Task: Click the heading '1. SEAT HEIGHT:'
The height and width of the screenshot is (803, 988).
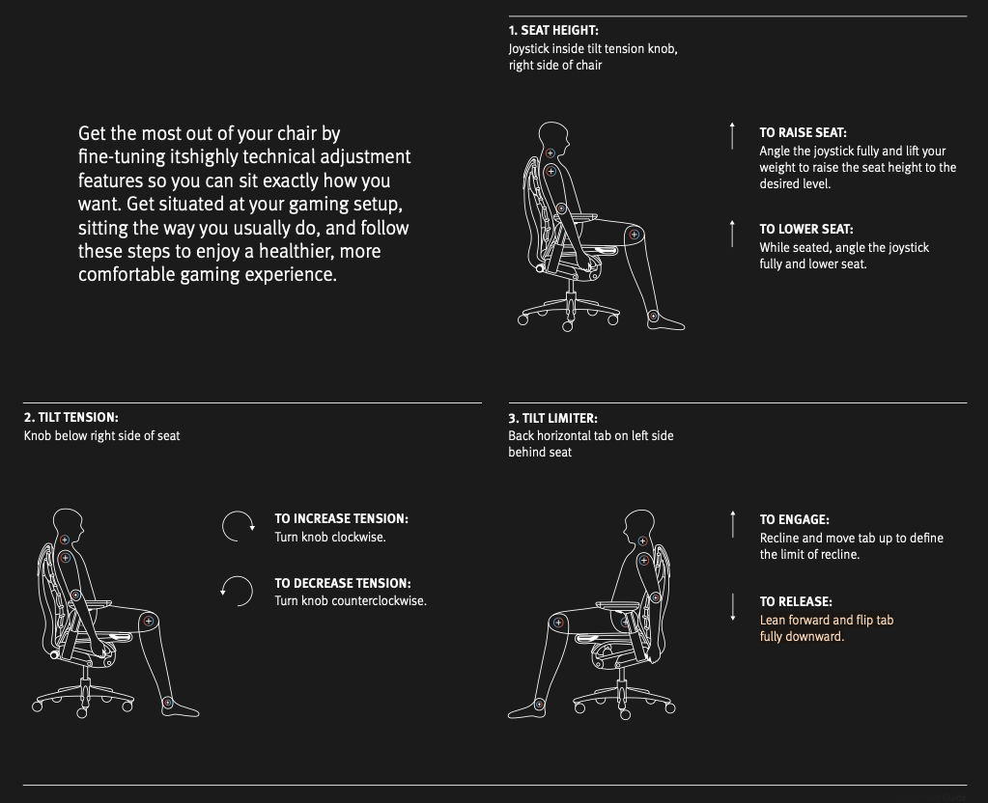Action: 553,30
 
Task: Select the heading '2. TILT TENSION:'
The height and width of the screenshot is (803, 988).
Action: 71,417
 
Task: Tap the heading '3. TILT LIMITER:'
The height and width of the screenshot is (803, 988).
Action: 552,418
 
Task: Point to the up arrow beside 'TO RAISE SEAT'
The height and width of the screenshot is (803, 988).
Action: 732,135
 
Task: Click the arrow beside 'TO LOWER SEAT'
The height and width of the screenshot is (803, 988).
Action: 732,233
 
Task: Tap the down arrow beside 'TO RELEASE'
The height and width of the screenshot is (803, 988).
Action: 733,607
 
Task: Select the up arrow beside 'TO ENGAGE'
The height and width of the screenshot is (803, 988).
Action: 733,524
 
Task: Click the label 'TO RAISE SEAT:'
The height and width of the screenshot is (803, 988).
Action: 803,132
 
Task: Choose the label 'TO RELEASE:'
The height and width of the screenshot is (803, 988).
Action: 796,601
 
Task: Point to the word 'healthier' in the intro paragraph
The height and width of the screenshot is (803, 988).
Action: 302,251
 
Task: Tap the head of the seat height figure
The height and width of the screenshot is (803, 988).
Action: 554,135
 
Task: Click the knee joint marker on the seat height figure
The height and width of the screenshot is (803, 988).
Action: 634,235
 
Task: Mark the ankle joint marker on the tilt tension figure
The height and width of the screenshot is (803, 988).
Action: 168,703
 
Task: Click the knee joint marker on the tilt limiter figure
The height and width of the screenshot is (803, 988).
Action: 557,623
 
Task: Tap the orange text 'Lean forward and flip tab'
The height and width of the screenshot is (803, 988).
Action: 827,621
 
